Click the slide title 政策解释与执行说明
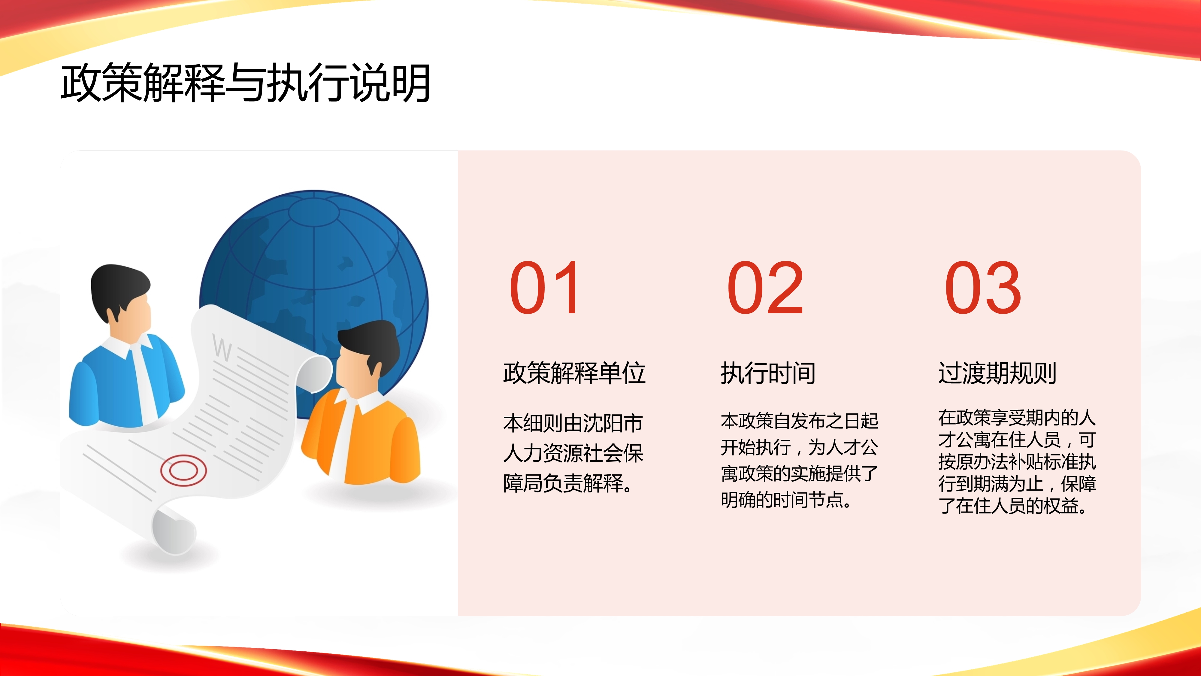pyautogui.click(x=245, y=83)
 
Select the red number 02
pyautogui.click(x=765, y=288)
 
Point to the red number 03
pyautogui.click(x=983, y=288)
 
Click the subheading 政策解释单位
pyautogui.click(x=574, y=373)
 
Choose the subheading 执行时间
pyautogui.click(x=768, y=373)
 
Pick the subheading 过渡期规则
pyautogui.click(x=997, y=373)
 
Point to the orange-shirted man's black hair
pyautogui.click(x=369, y=345)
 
